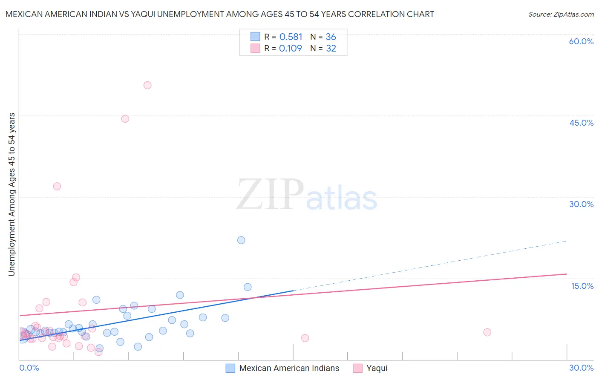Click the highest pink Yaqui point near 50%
pos(147,85)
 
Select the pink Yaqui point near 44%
pos(125,119)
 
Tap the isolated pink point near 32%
pos(57,186)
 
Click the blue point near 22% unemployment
pos(241,240)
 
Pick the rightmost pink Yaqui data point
pos(487,332)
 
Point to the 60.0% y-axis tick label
pos(581,42)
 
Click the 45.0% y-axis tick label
pos(581,123)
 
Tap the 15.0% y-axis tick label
pos(582,286)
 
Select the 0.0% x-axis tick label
pos(29,368)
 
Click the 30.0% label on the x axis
pos(581,368)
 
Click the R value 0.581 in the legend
pos(291,37)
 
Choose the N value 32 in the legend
pos(331,49)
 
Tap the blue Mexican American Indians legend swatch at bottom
pos(230,368)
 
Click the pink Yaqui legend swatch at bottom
pos(357,368)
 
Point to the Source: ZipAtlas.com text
pos(561,14)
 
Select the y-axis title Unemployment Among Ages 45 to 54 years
pos(12,194)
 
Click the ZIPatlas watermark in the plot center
pos(307,196)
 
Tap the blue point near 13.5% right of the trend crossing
pos(248,287)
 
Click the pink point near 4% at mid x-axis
pos(305,338)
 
